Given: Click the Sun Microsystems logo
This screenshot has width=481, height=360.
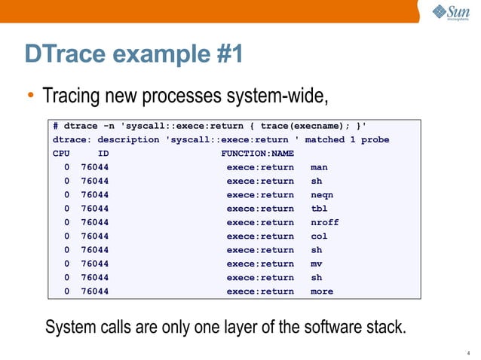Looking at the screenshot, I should [x=450, y=13].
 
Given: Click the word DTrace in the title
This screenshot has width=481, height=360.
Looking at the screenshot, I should [x=69, y=54].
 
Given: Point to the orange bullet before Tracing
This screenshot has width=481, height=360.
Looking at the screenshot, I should [x=30, y=97].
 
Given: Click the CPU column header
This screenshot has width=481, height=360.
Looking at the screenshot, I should [x=61, y=154].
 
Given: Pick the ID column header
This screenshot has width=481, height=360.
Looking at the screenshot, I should [x=103, y=154].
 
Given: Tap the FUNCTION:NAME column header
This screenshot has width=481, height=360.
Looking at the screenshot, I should [x=257, y=154].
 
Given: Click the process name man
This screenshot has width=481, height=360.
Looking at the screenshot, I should [x=319, y=167].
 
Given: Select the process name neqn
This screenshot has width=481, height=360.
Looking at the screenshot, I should [x=322, y=195].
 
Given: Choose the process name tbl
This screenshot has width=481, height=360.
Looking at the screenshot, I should [x=319, y=209].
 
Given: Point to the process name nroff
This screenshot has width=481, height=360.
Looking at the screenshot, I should [x=325, y=222].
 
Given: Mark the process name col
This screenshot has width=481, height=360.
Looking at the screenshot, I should [x=319, y=236].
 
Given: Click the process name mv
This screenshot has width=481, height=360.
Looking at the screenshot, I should [x=317, y=264].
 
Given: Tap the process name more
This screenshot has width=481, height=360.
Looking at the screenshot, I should [x=322, y=291].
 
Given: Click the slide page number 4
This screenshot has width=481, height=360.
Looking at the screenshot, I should [x=469, y=350].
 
